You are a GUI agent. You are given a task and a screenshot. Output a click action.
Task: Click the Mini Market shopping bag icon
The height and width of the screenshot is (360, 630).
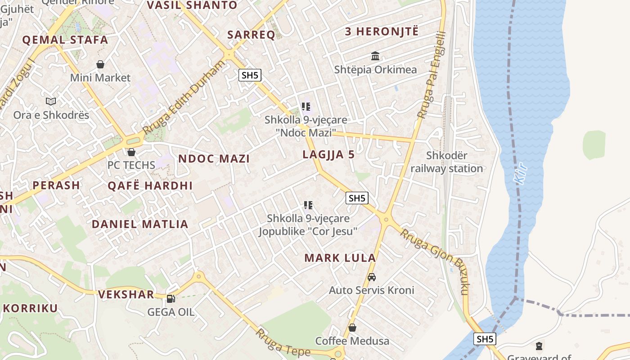coord(100,64)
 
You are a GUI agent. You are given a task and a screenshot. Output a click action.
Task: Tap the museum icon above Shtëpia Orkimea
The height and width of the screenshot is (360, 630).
coord(375,56)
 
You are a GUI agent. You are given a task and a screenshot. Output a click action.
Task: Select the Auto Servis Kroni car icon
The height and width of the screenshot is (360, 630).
coord(372,277)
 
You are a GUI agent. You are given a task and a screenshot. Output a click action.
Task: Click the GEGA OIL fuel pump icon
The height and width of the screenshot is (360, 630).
coord(171,298)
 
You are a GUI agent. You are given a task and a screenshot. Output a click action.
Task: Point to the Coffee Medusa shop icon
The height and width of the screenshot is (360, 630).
coord(352,328)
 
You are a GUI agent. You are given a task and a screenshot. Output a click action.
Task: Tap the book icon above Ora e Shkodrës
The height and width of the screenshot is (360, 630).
coord(51,102)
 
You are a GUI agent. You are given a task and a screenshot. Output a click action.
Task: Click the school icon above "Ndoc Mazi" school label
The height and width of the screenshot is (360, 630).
coord(306,107)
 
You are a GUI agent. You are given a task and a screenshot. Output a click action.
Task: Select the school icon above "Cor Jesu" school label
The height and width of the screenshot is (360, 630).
coord(308,205)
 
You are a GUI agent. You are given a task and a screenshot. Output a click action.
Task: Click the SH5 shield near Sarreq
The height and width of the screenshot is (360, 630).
coord(250,75)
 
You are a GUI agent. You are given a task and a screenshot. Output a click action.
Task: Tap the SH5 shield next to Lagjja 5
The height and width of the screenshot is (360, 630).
coord(357,198)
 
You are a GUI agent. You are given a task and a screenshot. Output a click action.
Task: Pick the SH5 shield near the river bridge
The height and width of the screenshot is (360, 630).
coord(485,339)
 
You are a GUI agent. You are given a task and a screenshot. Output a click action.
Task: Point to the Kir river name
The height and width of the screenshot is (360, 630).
coord(521,172)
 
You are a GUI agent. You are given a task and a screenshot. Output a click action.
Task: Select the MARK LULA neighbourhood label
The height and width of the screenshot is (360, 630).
coord(340,258)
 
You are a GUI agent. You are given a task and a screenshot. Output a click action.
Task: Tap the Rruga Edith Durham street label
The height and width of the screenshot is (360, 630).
coord(184,97)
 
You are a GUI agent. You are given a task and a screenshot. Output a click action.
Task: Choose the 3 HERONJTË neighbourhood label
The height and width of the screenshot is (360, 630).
coord(382,31)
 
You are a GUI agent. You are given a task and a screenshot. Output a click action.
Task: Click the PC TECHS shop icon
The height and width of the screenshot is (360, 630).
coord(131,153)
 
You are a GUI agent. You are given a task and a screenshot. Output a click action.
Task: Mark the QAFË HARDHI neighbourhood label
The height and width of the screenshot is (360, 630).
coord(150,185)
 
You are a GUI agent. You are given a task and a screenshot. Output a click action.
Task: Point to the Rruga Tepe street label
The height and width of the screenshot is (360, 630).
coord(283,343)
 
